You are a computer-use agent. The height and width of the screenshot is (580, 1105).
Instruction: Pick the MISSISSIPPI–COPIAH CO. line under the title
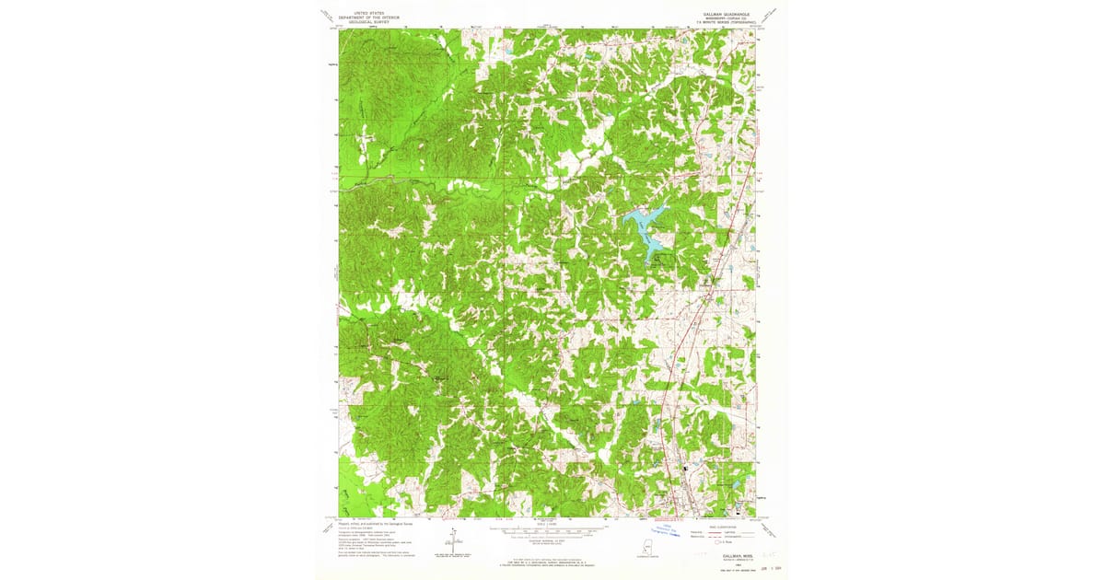(x=723, y=19)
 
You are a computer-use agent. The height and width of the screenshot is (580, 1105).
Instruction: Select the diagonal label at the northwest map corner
(x=326, y=15)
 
